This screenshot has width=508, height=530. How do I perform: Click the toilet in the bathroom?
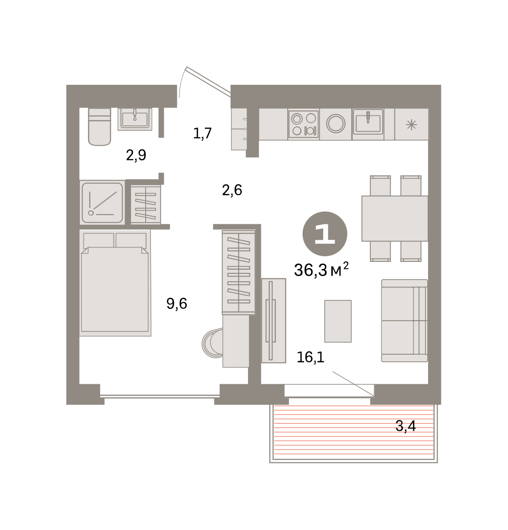[99, 127]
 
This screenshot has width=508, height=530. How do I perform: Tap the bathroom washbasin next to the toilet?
[135, 119]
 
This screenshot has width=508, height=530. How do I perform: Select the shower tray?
[102, 203]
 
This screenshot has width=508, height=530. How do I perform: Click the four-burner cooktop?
[303, 124]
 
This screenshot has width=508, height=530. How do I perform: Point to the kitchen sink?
[368, 122]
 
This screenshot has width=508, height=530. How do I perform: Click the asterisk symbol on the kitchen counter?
[411, 125]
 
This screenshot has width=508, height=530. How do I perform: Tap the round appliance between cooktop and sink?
[336, 123]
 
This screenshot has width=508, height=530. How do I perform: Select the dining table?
[395, 219]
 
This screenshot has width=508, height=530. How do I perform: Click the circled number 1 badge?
[324, 234]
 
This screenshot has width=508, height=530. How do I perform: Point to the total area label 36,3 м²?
[321, 270]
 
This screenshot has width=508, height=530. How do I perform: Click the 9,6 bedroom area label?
[177, 303]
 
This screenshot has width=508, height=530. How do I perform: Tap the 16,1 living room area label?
[310, 357]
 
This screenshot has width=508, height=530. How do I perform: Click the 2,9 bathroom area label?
[136, 155]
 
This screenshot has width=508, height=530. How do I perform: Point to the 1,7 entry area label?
[202, 133]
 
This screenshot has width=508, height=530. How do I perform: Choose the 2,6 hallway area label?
[232, 190]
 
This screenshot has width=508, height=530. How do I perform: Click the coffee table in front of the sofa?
[338, 321]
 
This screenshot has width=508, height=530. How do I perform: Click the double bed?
[115, 283]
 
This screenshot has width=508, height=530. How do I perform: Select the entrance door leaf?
[208, 81]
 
